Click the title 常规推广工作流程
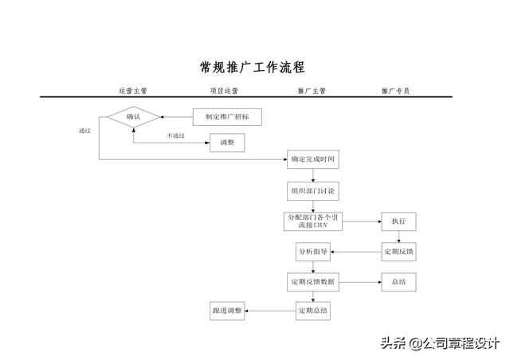253,68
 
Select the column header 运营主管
133,91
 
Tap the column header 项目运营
224,91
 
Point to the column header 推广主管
312,91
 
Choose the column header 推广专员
395,91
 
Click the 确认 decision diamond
133,117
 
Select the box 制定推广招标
227,117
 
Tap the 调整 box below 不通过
227,143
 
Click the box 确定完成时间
313,159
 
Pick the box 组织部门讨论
313,191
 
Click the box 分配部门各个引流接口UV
313,221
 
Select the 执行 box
398,221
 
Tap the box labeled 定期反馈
398,252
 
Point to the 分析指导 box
313,252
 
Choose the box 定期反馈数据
313,282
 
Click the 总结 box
398,282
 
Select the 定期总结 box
313,311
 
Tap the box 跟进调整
227,311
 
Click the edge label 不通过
175,135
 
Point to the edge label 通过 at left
84,131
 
